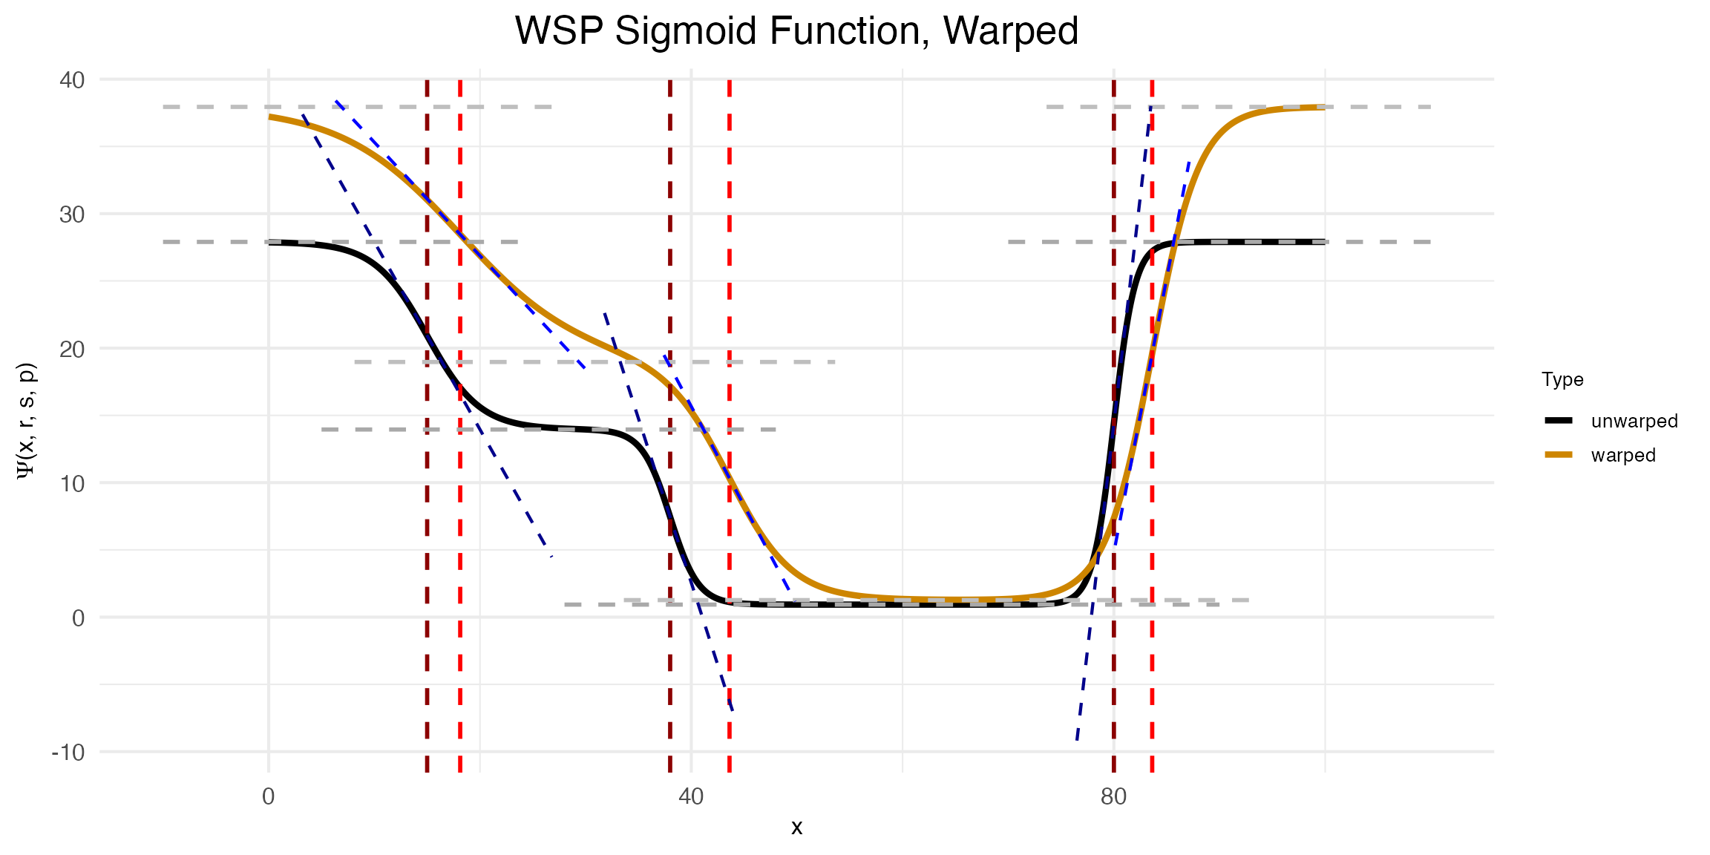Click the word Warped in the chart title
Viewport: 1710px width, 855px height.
tap(1011, 32)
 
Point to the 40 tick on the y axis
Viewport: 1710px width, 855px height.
tap(73, 79)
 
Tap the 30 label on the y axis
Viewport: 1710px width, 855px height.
tap(73, 214)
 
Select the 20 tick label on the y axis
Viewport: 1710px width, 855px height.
tap(73, 349)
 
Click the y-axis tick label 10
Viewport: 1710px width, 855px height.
tap(73, 483)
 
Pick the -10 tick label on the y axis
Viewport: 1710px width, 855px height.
tap(68, 752)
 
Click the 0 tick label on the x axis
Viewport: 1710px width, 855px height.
tap(269, 797)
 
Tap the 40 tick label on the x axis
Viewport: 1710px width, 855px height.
tap(691, 797)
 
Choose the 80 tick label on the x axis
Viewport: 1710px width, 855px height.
tap(1113, 797)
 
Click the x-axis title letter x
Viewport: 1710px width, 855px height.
tap(796, 827)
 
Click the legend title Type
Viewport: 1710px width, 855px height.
tap(1562, 380)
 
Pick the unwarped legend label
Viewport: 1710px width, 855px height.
tap(1634, 421)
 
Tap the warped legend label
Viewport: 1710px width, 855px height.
tap(1622, 455)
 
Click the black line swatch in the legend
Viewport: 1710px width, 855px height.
tap(1559, 421)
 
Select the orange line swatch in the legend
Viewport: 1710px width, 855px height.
tap(1559, 455)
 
